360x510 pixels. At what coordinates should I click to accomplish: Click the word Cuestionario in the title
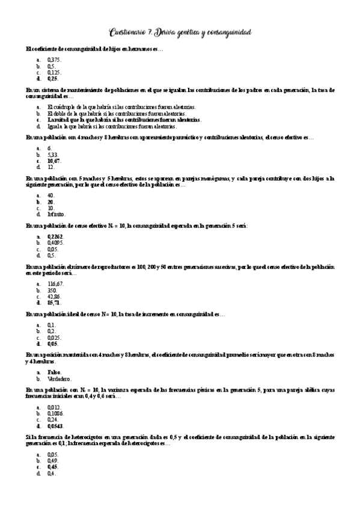[132, 32]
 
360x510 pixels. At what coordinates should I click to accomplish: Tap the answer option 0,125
[54, 72]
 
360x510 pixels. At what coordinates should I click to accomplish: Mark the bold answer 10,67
[54, 161]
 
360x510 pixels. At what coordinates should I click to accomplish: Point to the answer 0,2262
[55, 238]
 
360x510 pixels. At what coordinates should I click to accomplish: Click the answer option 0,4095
[55, 244]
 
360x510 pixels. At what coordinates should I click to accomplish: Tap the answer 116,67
[55, 284]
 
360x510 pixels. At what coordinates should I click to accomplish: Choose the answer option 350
[52, 290]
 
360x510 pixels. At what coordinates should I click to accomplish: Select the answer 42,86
[54, 296]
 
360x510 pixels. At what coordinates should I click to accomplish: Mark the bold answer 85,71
[54, 303]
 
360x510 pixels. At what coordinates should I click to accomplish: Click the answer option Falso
[53, 373]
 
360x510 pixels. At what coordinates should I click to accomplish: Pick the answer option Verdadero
[59, 379]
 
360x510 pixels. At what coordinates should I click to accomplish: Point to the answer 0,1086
[55, 414]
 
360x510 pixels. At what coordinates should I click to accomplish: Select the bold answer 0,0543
[55, 426]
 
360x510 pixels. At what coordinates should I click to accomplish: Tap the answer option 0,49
[53, 461]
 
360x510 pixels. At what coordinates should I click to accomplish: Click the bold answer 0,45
[53, 467]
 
